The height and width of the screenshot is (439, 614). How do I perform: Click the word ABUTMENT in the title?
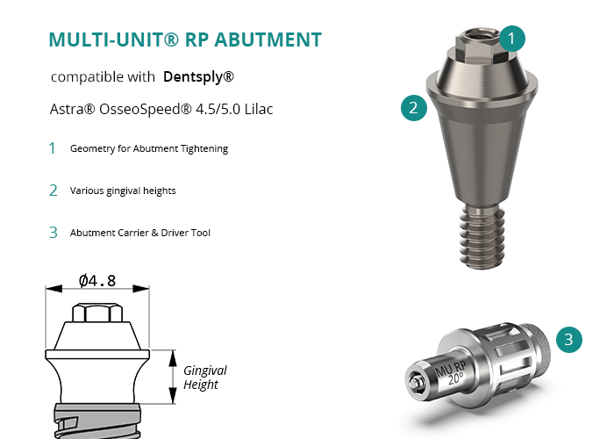(x=268, y=40)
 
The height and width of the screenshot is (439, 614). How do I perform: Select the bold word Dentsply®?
(x=198, y=76)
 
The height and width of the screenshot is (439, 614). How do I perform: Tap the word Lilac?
(x=259, y=109)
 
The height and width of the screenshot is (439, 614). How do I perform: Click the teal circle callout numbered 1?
(x=511, y=39)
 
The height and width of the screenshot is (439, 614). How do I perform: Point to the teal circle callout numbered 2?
(x=414, y=108)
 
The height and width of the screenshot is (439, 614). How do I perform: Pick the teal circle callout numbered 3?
(x=569, y=340)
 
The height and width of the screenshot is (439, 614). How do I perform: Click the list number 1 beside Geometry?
(x=52, y=148)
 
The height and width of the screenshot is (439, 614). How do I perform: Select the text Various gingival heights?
(x=123, y=191)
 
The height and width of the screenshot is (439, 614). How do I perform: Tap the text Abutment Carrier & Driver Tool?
(x=140, y=233)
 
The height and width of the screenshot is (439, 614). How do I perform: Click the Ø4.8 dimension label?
(x=97, y=281)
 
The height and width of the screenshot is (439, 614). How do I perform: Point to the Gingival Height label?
(x=204, y=378)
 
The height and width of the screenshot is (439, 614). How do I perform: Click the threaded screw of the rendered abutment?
(x=482, y=236)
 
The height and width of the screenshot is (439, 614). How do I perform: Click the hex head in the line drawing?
(x=97, y=313)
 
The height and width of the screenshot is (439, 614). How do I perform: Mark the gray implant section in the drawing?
(x=97, y=421)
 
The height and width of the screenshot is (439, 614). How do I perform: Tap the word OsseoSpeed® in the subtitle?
(x=146, y=110)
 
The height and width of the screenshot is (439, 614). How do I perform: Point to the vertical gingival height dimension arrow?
(x=173, y=377)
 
